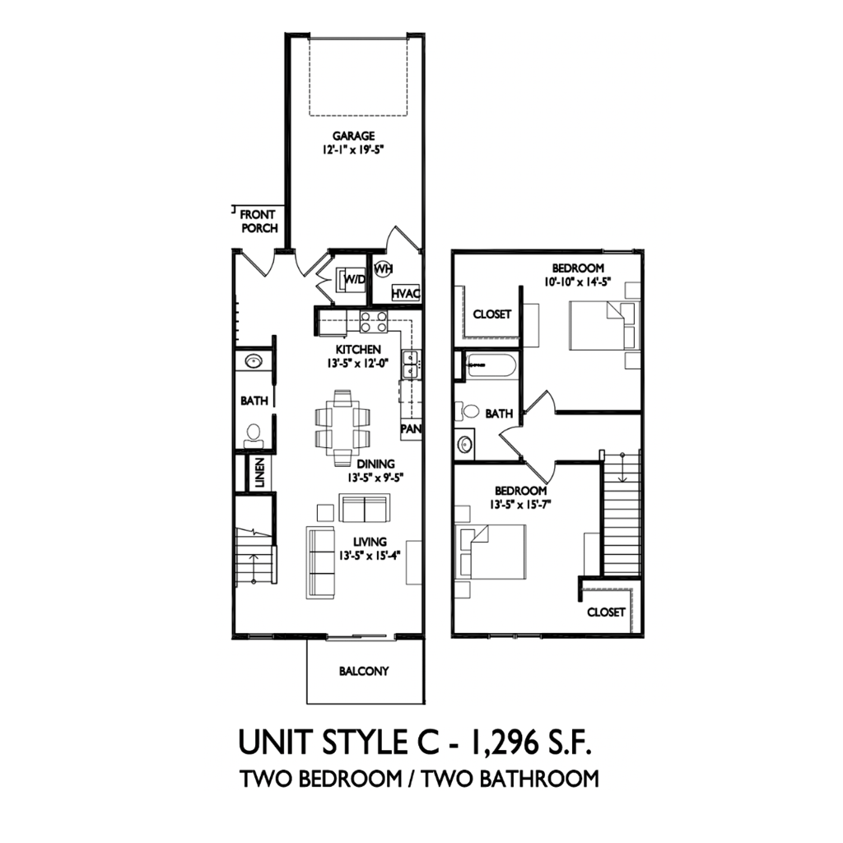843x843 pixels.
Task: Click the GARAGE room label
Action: [354, 136]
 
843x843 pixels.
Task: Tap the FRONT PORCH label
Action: [258, 221]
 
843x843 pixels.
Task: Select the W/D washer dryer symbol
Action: [353, 280]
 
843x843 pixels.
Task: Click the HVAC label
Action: [406, 293]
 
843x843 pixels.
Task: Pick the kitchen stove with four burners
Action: [373, 322]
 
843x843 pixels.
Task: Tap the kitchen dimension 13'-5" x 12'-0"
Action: [357, 363]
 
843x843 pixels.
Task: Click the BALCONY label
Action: [363, 671]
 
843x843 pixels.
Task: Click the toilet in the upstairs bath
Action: [469, 411]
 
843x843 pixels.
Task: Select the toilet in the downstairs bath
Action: [254, 432]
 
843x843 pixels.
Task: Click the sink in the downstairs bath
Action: [252, 361]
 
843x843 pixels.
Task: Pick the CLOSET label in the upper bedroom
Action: [491, 314]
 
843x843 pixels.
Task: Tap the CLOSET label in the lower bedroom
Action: [606, 612]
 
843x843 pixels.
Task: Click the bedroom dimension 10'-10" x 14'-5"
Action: [578, 281]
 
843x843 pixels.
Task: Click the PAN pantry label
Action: [411, 430]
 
